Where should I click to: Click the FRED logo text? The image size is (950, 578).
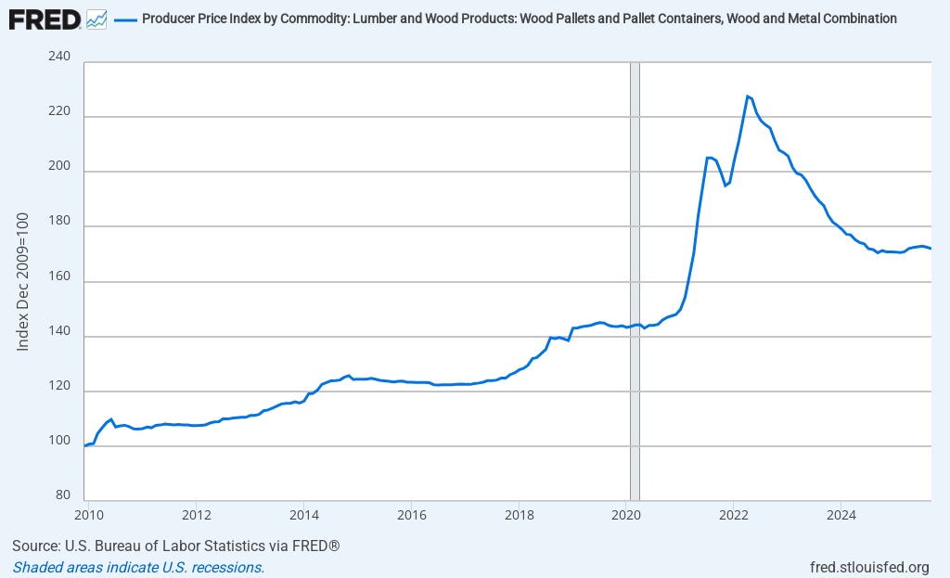(x=45, y=19)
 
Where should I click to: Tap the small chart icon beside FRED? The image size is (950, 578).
(x=96, y=19)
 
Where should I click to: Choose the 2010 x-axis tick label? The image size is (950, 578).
(x=88, y=513)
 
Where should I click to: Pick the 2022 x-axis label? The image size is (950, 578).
(x=734, y=513)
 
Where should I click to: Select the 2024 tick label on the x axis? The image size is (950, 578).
(x=841, y=513)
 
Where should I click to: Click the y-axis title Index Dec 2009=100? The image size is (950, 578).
(x=23, y=281)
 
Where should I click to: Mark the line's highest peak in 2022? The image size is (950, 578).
(x=747, y=96)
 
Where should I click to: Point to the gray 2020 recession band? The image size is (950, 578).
(x=635, y=278)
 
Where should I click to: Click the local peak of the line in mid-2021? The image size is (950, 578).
(x=709, y=158)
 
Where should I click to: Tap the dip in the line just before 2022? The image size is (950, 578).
(x=725, y=186)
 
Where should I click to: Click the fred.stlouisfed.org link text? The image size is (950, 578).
(x=869, y=567)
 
